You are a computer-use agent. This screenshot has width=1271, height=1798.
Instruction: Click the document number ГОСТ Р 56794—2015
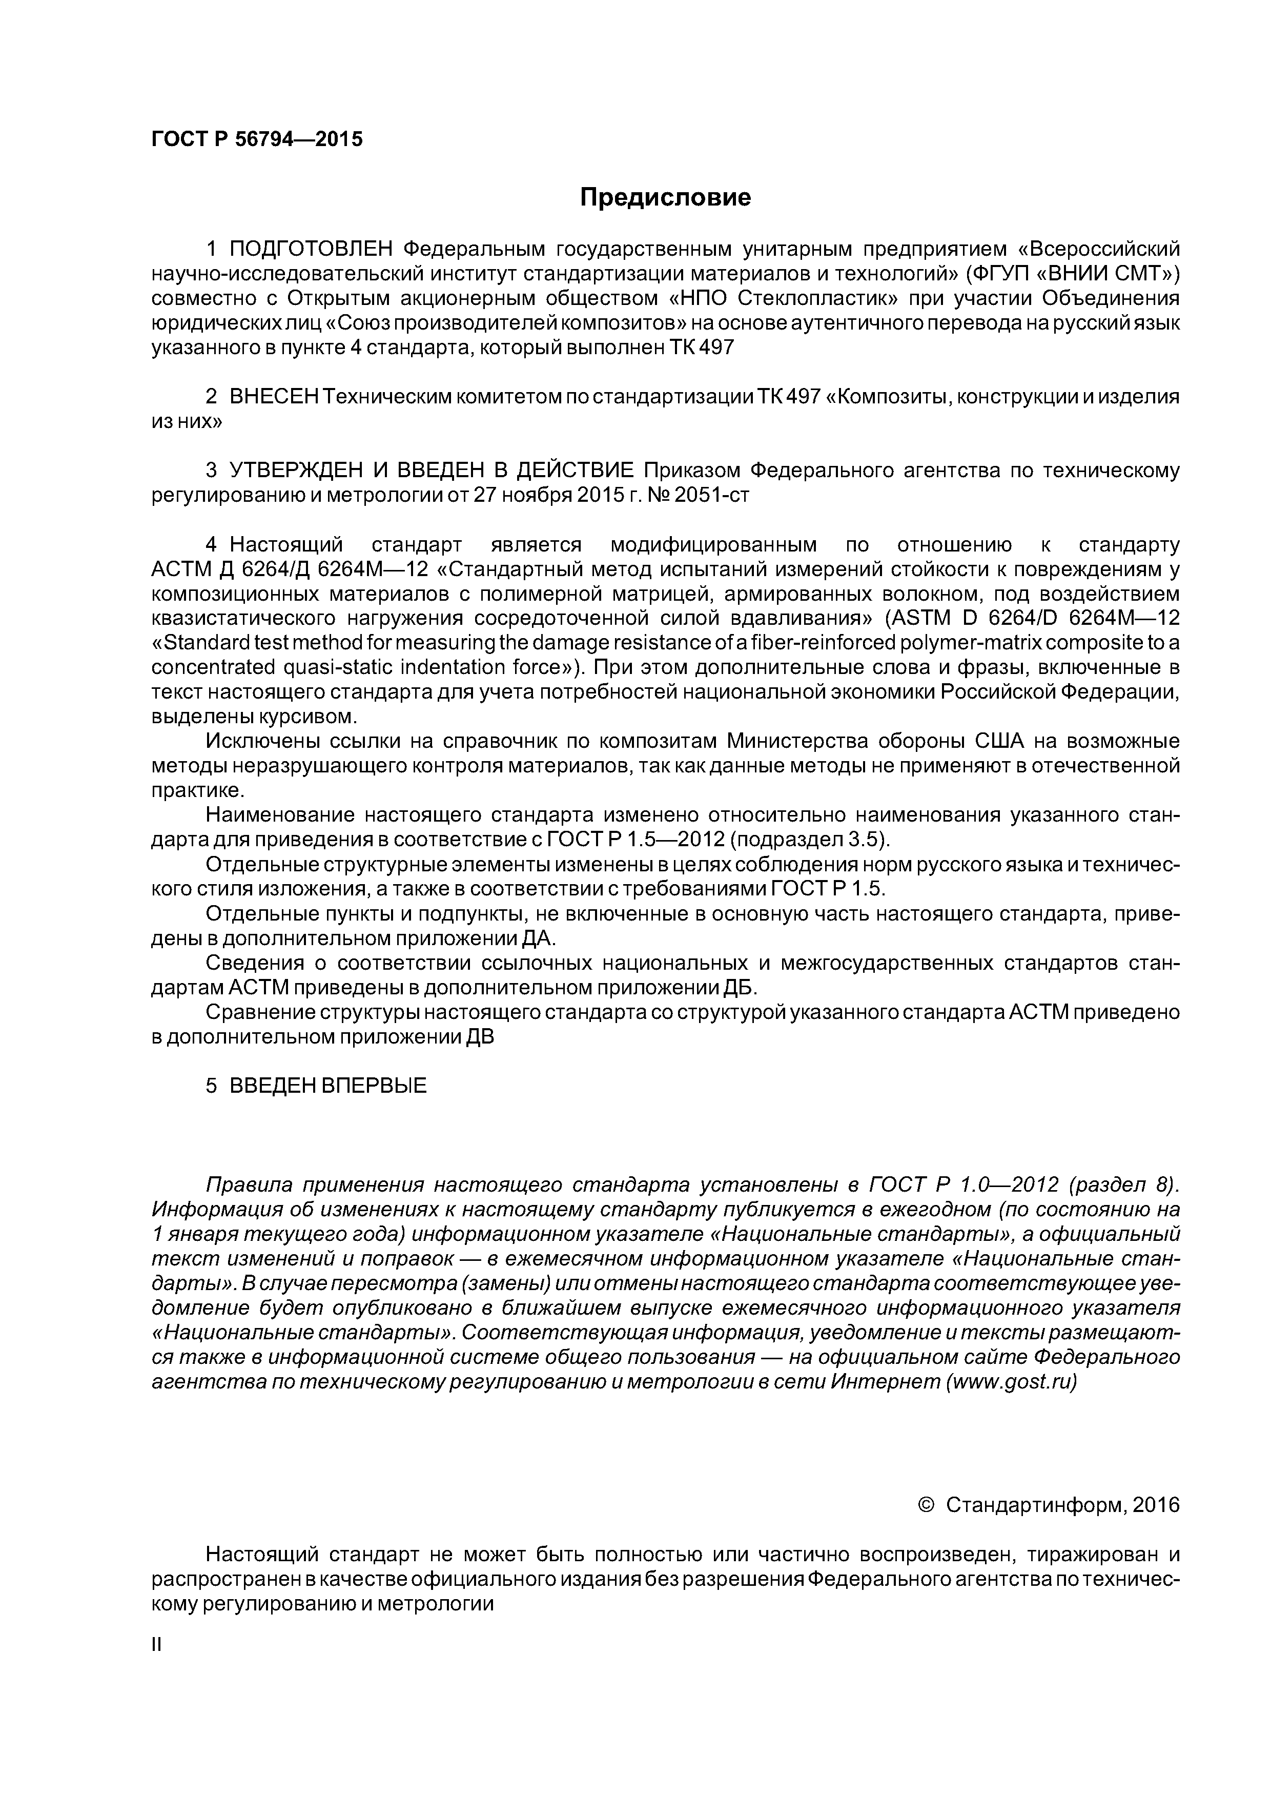coord(257,139)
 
